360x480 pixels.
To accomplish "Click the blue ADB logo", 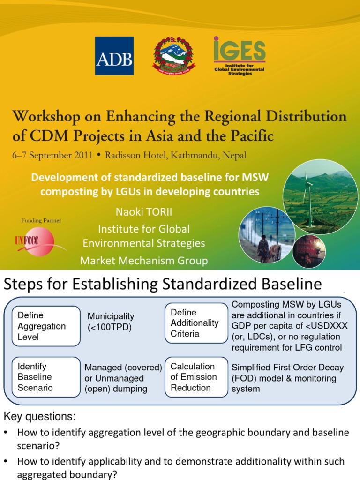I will [114, 56].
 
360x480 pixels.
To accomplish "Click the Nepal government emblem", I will [174, 56].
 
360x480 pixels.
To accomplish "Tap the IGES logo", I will [239, 56].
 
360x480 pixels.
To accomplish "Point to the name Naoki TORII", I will [144, 212].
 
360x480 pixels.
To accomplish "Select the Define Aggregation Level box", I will [45, 326].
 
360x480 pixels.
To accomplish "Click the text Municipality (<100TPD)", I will [111, 322].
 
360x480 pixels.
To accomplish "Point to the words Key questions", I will [39, 416].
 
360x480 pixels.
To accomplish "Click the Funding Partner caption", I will [41, 220].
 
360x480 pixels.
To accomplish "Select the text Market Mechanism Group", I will [144, 261].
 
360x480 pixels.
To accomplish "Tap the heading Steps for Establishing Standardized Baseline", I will [163, 284].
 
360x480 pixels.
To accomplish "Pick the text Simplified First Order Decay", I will [287, 367].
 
